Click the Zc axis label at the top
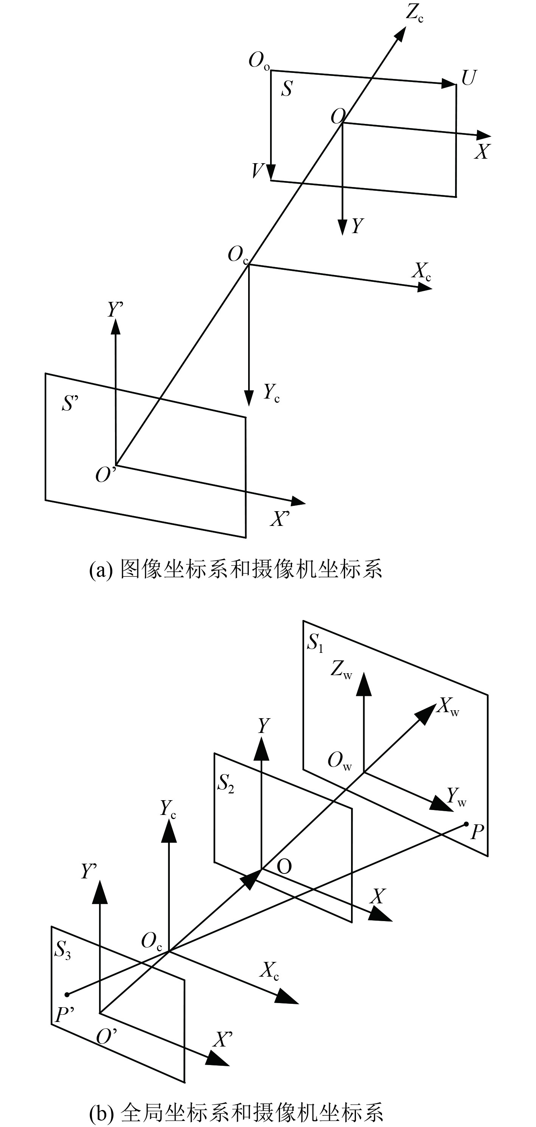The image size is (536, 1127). coord(414,13)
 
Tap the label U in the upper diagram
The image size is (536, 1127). coord(468,78)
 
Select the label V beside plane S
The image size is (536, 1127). coord(258,171)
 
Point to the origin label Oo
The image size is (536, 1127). coord(259,61)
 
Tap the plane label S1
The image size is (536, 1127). coord(315,643)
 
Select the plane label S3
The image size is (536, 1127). coord(62,949)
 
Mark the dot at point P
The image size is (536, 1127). coord(466,824)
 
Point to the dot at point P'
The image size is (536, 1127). coord(67,994)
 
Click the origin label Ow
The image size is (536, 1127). coord(339,761)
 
